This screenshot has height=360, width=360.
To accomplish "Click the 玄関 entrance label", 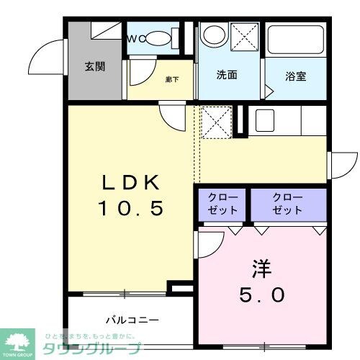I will (94, 67).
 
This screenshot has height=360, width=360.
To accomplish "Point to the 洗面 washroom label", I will (227, 73).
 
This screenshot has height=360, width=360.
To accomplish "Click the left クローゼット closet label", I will (220, 203).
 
